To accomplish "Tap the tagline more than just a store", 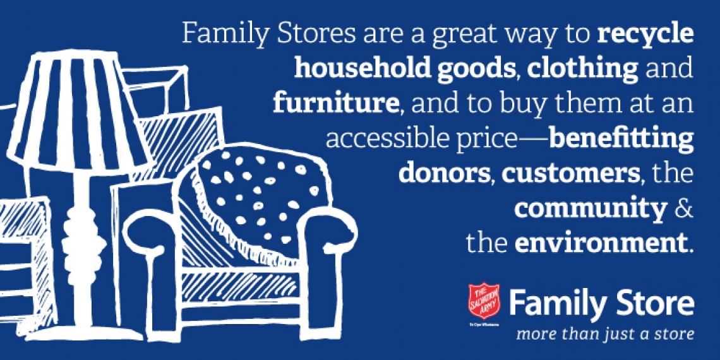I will pos(605,333).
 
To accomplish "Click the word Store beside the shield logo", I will pos(657,305).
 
